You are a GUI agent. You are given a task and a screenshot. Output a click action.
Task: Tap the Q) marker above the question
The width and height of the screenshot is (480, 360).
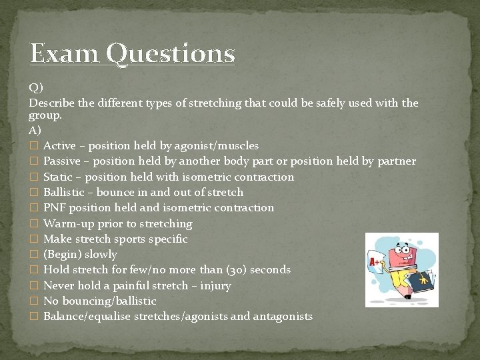(x=36, y=87)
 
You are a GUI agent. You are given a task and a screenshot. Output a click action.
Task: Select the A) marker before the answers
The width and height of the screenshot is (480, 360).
(x=35, y=130)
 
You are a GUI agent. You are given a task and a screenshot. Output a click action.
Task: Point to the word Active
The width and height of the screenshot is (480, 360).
(x=59, y=145)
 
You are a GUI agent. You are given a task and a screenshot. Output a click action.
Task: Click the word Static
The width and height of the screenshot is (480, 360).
(x=59, y=177)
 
